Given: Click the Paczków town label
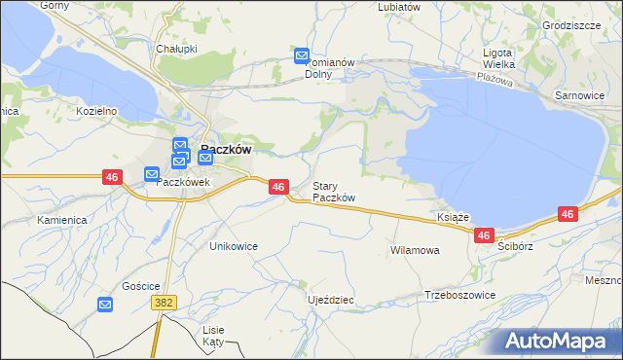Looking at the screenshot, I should (x=227, y=150).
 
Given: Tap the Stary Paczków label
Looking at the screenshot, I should (x=333, y=192).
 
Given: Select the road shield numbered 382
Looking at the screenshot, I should (x=164, y=304).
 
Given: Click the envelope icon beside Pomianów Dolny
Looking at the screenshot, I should (x=302, y=56).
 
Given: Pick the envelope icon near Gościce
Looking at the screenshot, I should (x=105, y=305).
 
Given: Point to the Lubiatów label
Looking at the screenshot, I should (x=399, y=6).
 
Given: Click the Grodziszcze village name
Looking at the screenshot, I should (x=571, y=25).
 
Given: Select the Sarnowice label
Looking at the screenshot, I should (x=579, y=96).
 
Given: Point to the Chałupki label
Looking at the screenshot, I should (x=176, y=48).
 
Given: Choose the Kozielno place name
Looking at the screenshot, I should (x=96, y=111).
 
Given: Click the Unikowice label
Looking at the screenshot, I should (x=234, y=246).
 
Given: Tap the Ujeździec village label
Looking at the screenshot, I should (x=330, y=300).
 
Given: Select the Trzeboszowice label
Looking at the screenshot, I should (x=460, y=295).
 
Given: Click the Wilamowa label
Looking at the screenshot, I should (x=415, y=250).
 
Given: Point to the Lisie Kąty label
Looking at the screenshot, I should (x=213, y=336).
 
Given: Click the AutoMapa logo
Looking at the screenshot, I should (x=558, y=342).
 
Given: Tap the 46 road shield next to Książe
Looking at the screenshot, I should (x=485, y=235).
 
